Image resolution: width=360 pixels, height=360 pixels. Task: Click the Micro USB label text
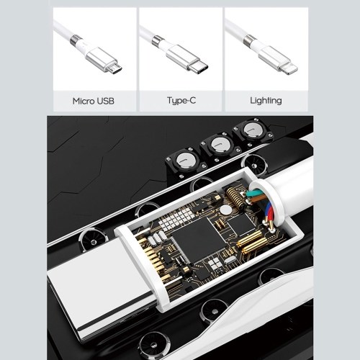coord(94,101)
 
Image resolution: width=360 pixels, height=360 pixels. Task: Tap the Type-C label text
coord(181,100)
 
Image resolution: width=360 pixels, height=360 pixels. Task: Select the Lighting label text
coord(266,101)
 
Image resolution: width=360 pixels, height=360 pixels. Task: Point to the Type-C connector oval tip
coord(198,68)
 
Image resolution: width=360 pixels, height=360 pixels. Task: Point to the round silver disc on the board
coord(226,210)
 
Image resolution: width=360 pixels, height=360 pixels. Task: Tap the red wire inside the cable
coord(269,214)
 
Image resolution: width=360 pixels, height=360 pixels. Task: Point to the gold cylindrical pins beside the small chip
coord(250,243)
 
